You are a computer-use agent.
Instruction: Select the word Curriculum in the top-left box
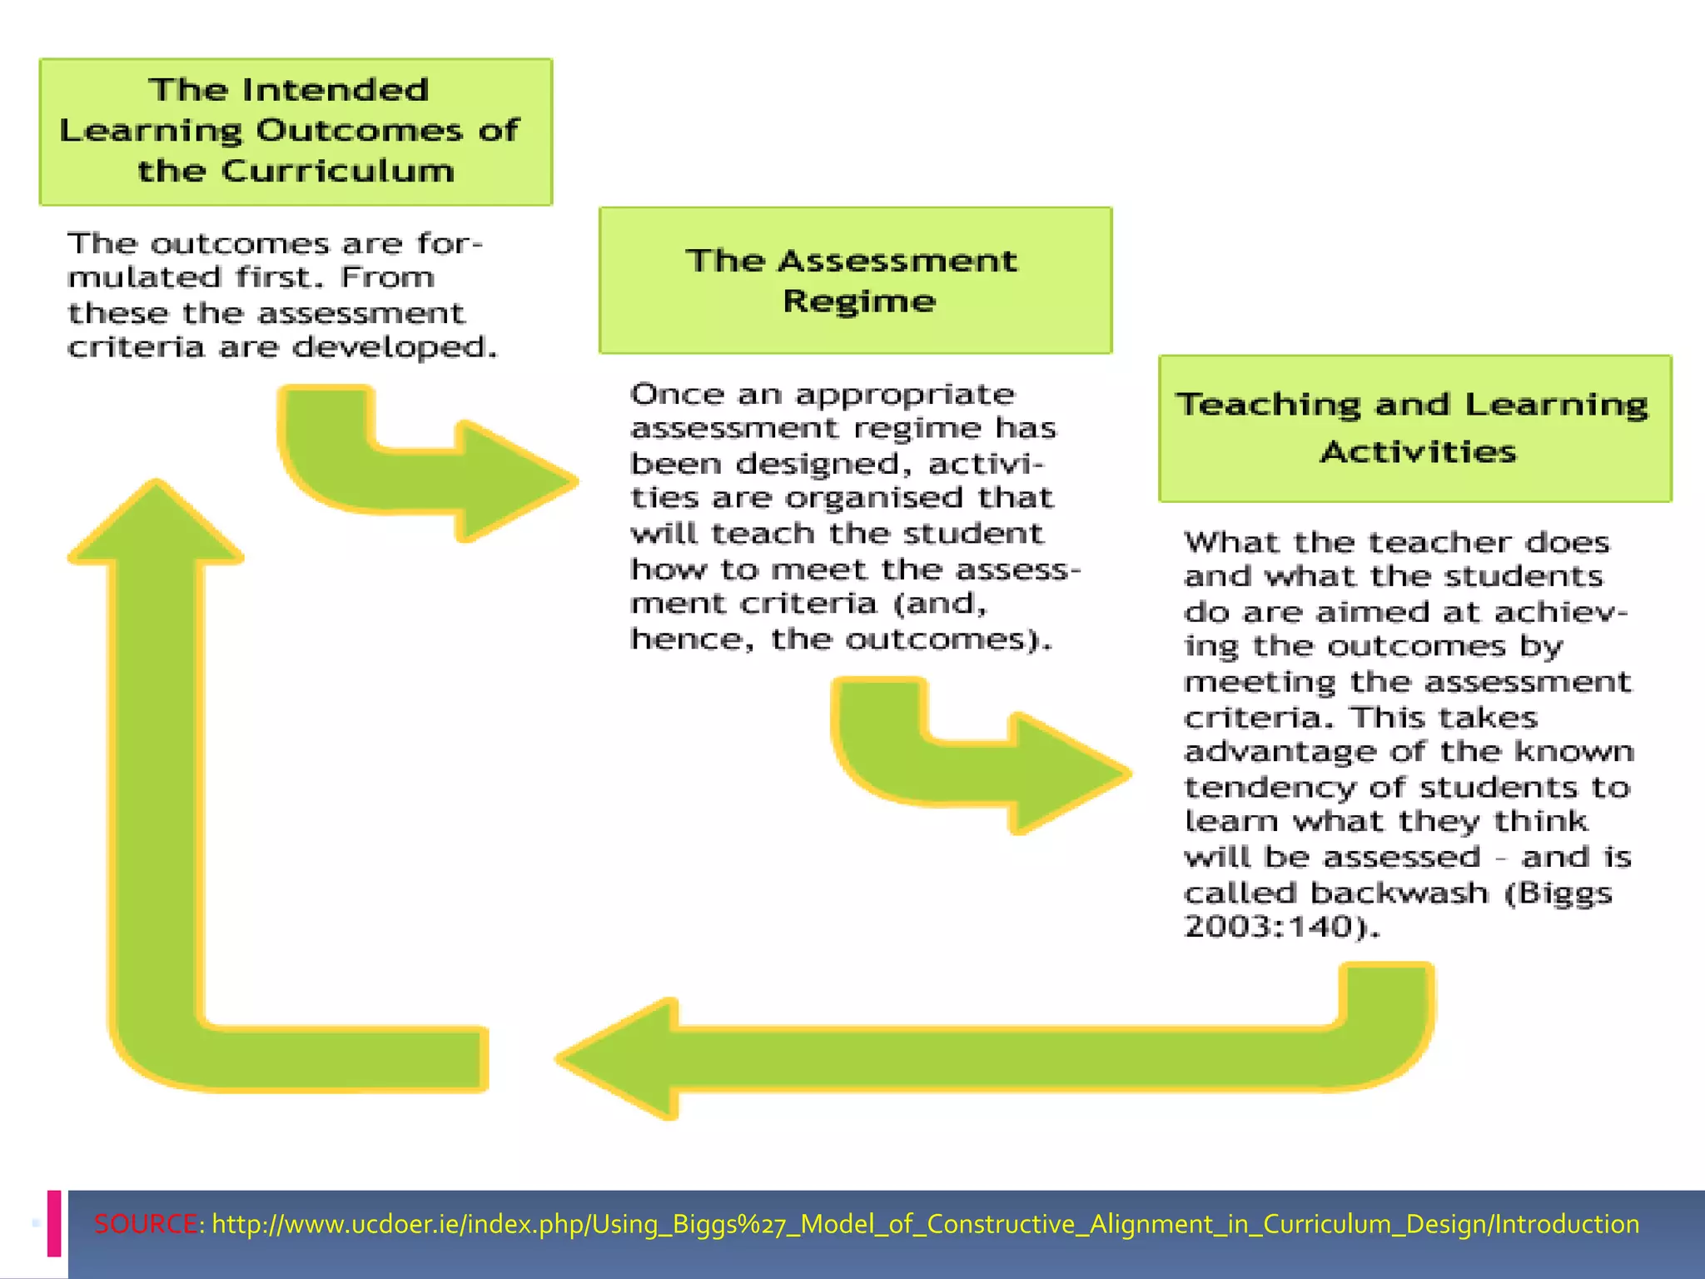338,171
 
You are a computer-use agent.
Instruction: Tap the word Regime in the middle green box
859,301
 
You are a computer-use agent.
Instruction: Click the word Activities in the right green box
1418,452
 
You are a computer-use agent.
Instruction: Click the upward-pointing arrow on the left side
157,749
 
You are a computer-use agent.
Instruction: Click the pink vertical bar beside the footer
54,1222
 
